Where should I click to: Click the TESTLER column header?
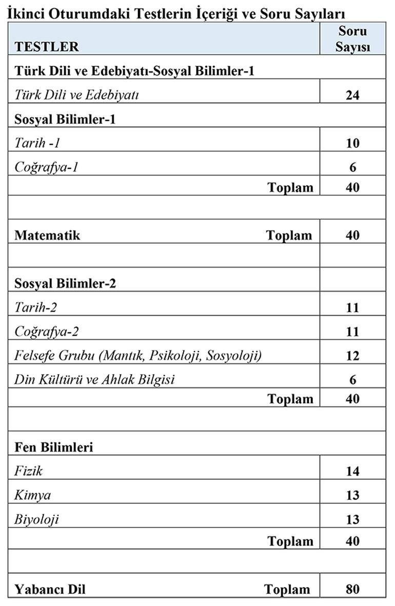[x=47, y=47]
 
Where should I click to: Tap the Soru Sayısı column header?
[x=352, y=39]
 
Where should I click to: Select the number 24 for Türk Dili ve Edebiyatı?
[x=352, y=95]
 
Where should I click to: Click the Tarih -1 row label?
[x=37, y=143]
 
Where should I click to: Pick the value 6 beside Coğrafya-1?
[x=352, y=167]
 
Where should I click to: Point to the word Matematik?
[x=47, y=235]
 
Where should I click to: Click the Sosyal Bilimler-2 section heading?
[x=65, y=283]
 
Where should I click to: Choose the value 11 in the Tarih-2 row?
[x=352, y=307]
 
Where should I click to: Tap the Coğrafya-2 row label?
[x=47, y=331]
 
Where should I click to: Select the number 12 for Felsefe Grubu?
[x=352, y=356]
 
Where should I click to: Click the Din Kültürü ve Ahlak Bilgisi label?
[x=94, y=380]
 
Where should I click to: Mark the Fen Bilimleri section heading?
[x=54, y=447]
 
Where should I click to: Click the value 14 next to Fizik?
[x=352, y=471]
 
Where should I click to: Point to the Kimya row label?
[x=32, y=495]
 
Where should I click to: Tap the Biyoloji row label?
[x=36, y=519]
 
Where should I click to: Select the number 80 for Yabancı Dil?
[x=352, y=589]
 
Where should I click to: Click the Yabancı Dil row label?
[x=50, y=589]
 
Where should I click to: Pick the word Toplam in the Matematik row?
[x=289, y=235]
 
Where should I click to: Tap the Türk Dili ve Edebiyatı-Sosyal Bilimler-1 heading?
[x=134, y=71]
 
